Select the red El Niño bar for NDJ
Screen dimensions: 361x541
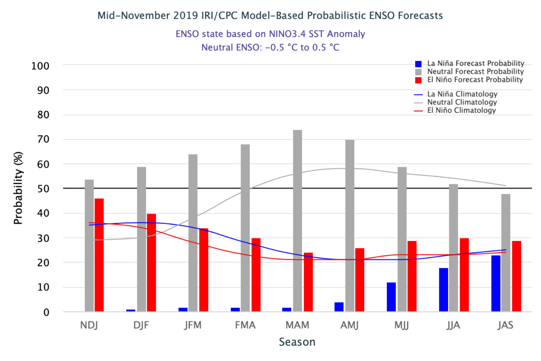coord(99,255)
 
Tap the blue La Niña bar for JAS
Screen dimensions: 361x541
coord(496,283)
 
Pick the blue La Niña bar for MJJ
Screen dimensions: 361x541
coord(391,297)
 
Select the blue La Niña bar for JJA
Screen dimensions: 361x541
coord(444,290)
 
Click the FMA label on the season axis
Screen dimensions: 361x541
coord(245,325)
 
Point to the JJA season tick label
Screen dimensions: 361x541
coord(453,325)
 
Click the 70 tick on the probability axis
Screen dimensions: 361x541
coord(43,140)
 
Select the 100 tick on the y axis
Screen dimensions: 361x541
coord(40,66)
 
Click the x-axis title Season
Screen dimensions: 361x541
coord(297,342)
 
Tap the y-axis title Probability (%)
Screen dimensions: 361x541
coord(18,188)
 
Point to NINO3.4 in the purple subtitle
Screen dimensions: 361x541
coord(287,34)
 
